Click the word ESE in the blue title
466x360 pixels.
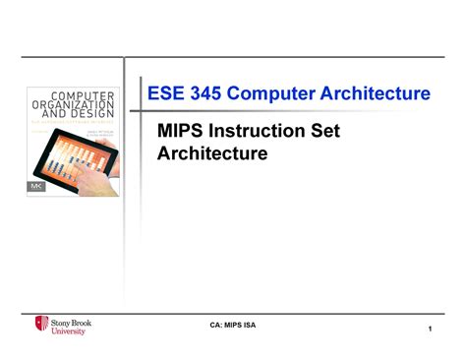(166, 94)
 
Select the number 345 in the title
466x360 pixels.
(210, 94)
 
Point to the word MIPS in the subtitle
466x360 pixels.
(182, 132)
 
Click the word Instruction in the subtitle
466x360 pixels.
(259, 132)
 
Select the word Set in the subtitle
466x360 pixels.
(328, 132)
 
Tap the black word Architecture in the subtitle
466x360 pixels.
(213, 153)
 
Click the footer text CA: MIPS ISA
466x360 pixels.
(234, 326)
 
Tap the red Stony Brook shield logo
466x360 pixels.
(41, 324)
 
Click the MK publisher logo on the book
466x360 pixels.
(35, 184)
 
